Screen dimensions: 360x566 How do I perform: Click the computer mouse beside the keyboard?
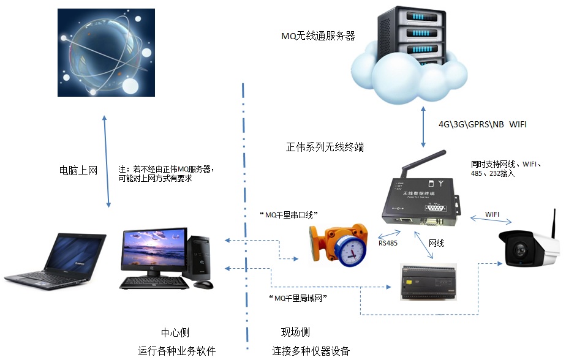point(206,284)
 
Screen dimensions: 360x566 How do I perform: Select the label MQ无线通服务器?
point(318,36)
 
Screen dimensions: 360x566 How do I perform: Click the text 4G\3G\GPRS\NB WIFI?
point(482,124)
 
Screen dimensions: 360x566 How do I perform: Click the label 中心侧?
point(175,332)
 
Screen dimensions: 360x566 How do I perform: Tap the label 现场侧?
point(295,332)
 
